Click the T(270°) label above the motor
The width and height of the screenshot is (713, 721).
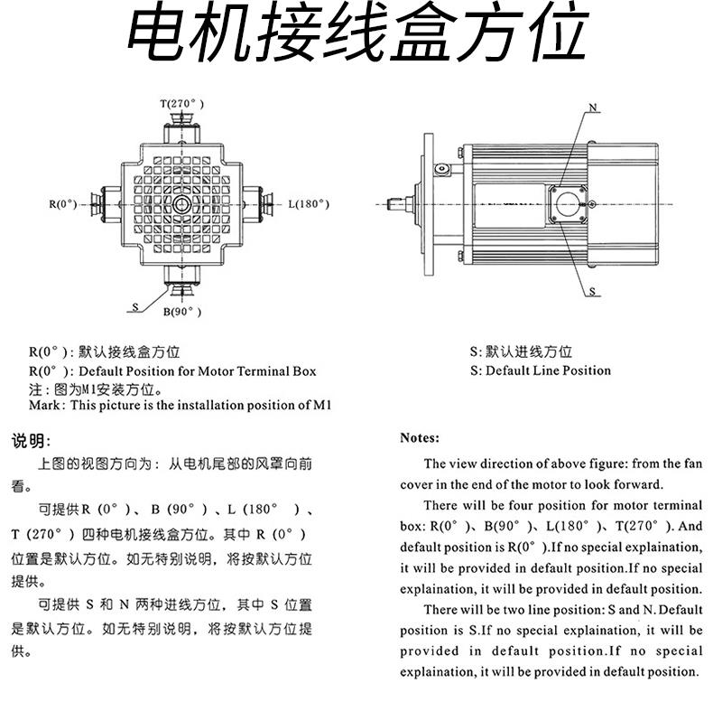[x=181, y=104]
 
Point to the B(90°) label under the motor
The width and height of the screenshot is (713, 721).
[x=181, y=313]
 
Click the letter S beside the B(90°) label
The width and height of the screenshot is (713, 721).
[x=135, y=307]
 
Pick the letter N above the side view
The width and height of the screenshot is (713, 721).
[x=593, y=108]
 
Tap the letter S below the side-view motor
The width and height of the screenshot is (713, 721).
[x=593, y=292]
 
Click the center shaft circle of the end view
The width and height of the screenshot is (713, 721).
[x=181, y=204]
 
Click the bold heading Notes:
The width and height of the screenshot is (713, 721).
[x=420, y=438]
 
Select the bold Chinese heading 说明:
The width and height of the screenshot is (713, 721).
[x=32, y=441]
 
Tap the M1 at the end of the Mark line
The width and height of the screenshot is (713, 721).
[x=322, y=406]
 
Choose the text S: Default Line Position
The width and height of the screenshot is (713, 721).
[x=540, y=370]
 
